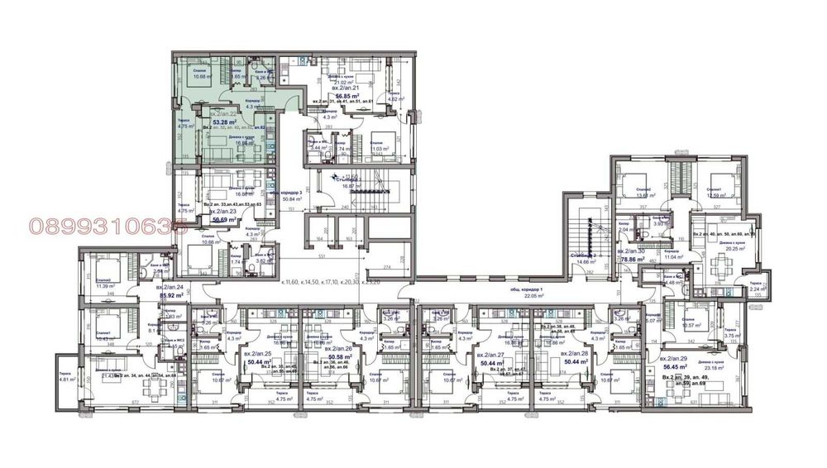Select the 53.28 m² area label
point(219,121)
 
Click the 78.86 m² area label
point(633,259)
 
